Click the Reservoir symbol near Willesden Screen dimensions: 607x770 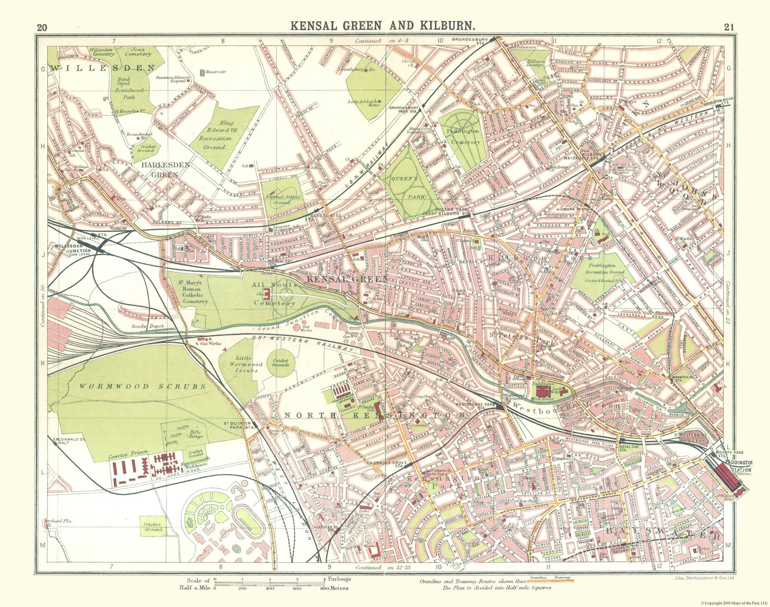[202, 73]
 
